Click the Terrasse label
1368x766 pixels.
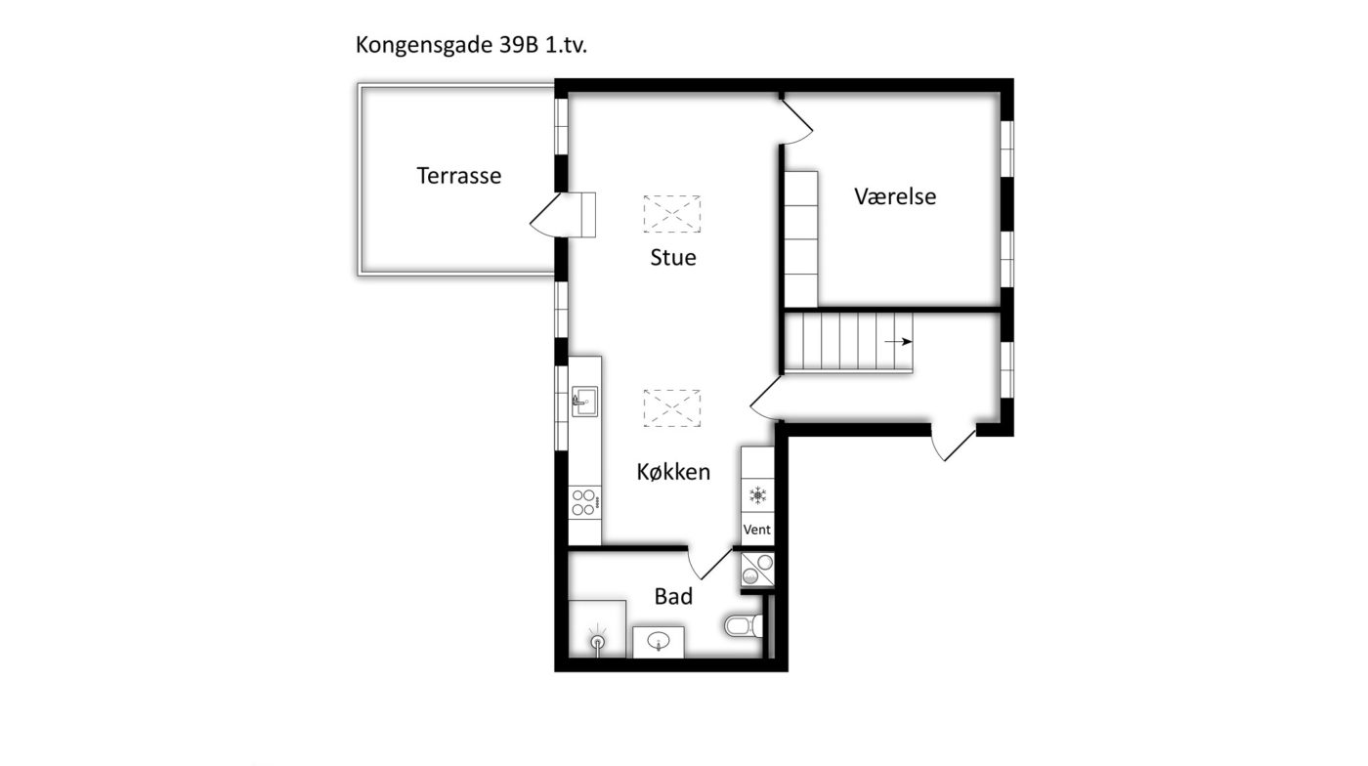click(x=458, y=176)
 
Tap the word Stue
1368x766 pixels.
click(x=673, y=258)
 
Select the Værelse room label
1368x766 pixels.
click(x=895, y=196)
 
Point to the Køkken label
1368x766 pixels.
click(x=673, y=472)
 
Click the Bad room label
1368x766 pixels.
click(x=673, y=596)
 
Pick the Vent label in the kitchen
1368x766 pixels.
click(x=756, y=530)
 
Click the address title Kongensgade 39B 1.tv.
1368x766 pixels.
click(x=471, y=45)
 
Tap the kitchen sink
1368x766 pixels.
click(x=584, y=402)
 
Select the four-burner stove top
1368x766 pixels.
click(x=584, y=502)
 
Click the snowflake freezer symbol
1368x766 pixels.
click(x=758, y=494)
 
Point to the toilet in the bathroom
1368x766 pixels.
click(x=744, y=625)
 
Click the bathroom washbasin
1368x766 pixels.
click(x=659, y=642)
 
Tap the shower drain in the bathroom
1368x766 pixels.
click(x=598, y=641)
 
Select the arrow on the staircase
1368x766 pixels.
click(x=898, y=341)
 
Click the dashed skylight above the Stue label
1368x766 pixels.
click(x=672, y=214)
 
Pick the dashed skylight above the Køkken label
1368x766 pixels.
click(x=672, y=408)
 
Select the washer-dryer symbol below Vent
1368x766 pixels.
click(x=758, y=570)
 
